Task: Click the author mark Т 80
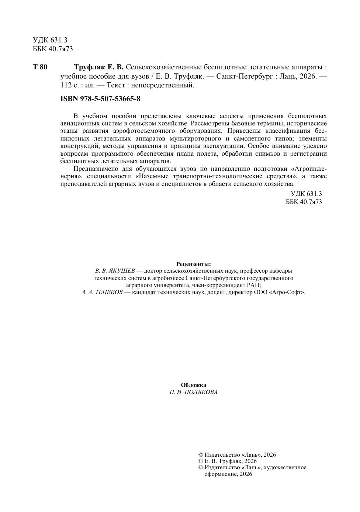click(40, 68)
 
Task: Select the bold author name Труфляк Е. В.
click(99, 68)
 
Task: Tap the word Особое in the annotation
click(259, 146)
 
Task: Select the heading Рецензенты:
click(194, 264)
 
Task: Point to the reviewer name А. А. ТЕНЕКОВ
click(102, 292)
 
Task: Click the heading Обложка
click(194, 385)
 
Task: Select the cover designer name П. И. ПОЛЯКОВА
click(194, 392)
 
